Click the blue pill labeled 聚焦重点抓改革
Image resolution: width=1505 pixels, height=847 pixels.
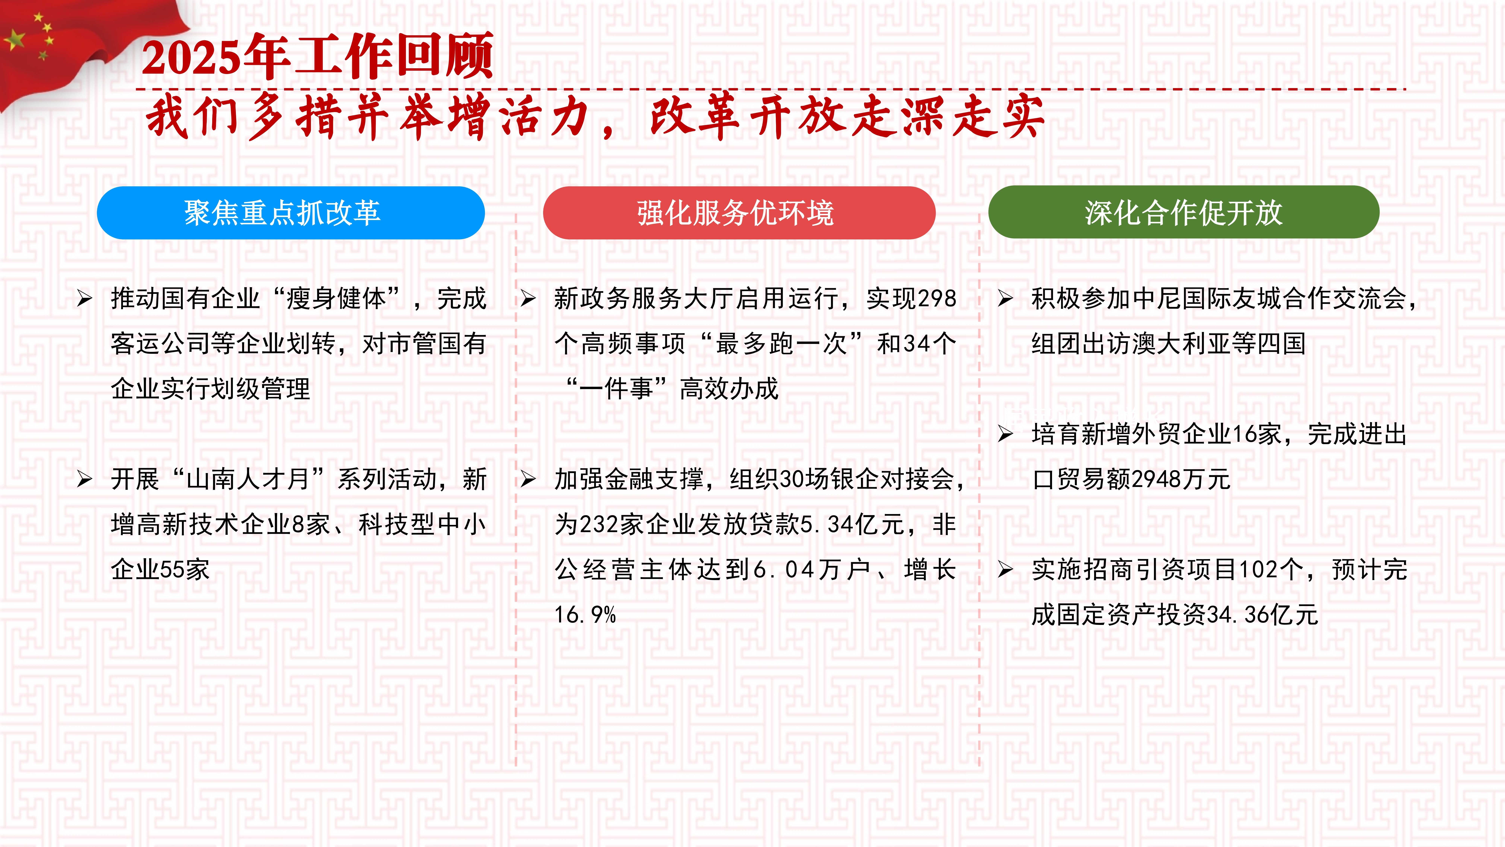(x=290, y=213)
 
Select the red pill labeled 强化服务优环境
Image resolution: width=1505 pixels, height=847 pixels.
(x=739, y=213)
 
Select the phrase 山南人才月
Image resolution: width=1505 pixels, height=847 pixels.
(x=248, y=479)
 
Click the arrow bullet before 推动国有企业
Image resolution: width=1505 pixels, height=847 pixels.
(x=85, y=299)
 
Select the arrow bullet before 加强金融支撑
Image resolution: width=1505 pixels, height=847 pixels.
(x=528, y=479)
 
